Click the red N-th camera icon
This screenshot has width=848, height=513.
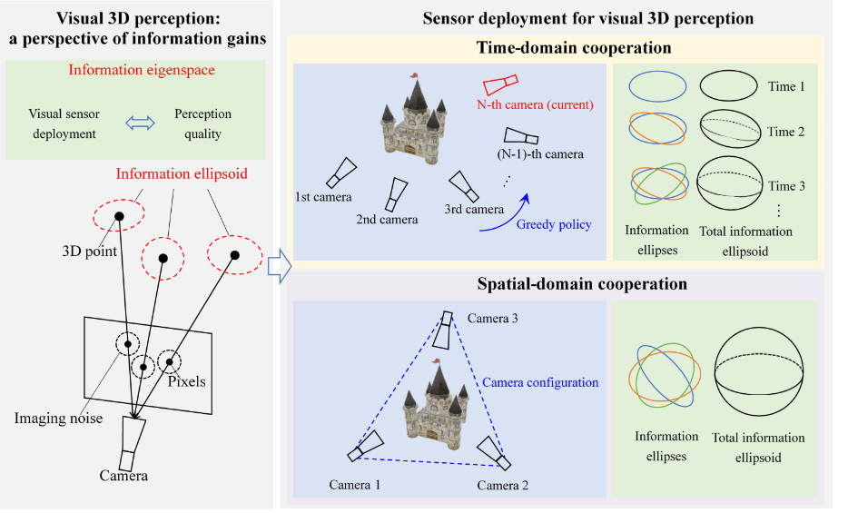[x=500, y=84]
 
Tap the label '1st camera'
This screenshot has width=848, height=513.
[x=323, y=196]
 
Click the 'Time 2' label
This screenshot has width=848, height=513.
[x=786, y=132]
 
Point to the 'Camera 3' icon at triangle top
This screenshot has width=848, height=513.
[x=445, y=330]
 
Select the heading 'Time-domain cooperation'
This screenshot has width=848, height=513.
[x=555, y=48]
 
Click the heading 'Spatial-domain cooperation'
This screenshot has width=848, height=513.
[x=556, y=284]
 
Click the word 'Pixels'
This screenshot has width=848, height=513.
[x=186, y=381]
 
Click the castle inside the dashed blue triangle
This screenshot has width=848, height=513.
[x=432, y=409]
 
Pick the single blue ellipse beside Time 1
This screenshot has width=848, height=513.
[x=657, y=86]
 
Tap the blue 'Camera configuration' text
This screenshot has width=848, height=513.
[x=539, y=382]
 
